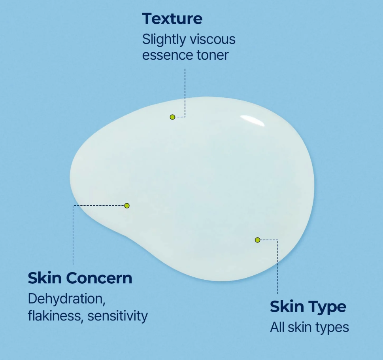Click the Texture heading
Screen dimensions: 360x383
coord(172,19)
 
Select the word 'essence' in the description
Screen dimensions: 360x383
coord(162,55)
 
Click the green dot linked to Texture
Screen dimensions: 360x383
coord(172,117)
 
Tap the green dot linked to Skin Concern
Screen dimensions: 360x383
coord(127,206)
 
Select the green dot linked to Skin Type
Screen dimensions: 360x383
coord(257,240)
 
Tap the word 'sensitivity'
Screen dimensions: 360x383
coord(118,316)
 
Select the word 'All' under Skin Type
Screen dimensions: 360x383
coord(277,328)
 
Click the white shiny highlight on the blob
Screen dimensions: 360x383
coord(253,120)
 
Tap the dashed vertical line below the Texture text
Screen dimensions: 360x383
coord(185,91)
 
